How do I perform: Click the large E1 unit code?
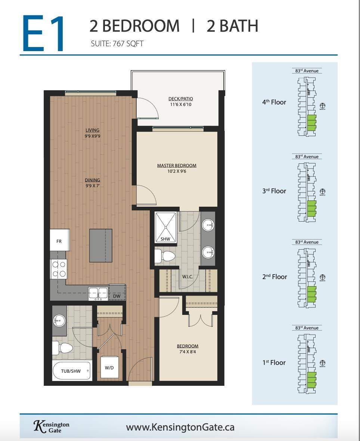pyautogui.click(x=44, y=34)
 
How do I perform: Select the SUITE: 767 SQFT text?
pyautogui.click(x=117, y=44)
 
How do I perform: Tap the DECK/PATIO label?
pyautogui.click(x=180, y=101)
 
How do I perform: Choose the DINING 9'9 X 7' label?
pyautogui.click(x=92, y=183)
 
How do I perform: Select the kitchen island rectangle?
pyautogui.click(x=100, y=245)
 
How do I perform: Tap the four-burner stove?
pyautogui.click(x=59, y=269)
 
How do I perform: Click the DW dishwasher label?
pyautogui.click(x=117, y=296)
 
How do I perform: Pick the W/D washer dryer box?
pyautogui.click(x=109, y=367)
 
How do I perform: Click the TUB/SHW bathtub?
pyautogui.click(x=71, y=371)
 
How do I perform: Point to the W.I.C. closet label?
pyautogui.click(x=187, y=277)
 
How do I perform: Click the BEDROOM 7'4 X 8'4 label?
pyautogui.click(x=187, y=348)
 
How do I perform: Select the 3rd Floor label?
pyautogui.click(x=274, y=191)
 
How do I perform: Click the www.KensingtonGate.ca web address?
pyautogui.click(x=180, y=427)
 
